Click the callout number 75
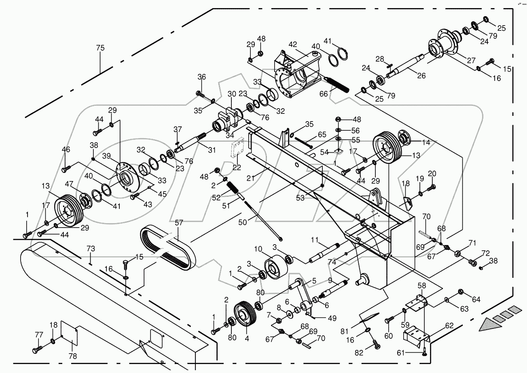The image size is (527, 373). click(x=100, y=48)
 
